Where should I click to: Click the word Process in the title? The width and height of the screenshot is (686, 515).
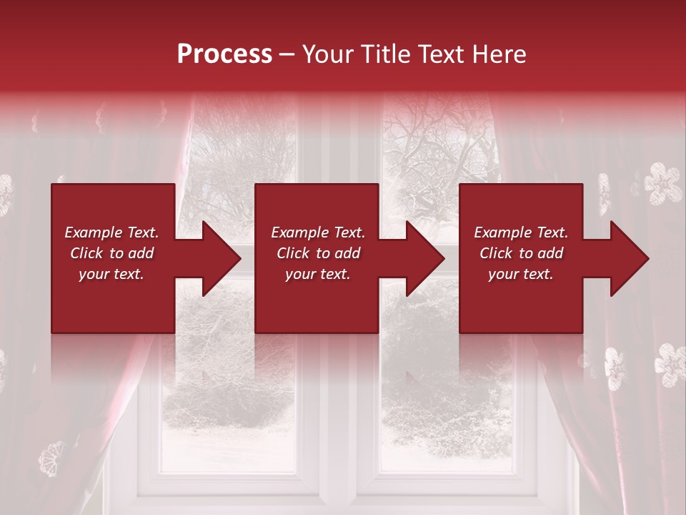[224, 54]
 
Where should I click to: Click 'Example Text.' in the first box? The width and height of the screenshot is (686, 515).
[111, 232]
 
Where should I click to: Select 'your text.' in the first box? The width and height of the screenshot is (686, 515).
[111, 274]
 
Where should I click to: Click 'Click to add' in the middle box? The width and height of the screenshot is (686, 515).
[318, 253]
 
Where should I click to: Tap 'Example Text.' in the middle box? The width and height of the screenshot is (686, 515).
[318, 232]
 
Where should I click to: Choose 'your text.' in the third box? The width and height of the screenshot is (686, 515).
[521, 274]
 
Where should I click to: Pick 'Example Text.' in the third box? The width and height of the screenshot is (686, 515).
[521, 232]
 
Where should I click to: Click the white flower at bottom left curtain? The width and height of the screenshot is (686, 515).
[52, 458]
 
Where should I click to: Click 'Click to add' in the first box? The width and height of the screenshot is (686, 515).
[111, 253]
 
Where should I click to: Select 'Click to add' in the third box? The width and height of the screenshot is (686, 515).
[521, 253]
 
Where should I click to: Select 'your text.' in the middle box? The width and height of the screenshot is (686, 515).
[318, 274]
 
